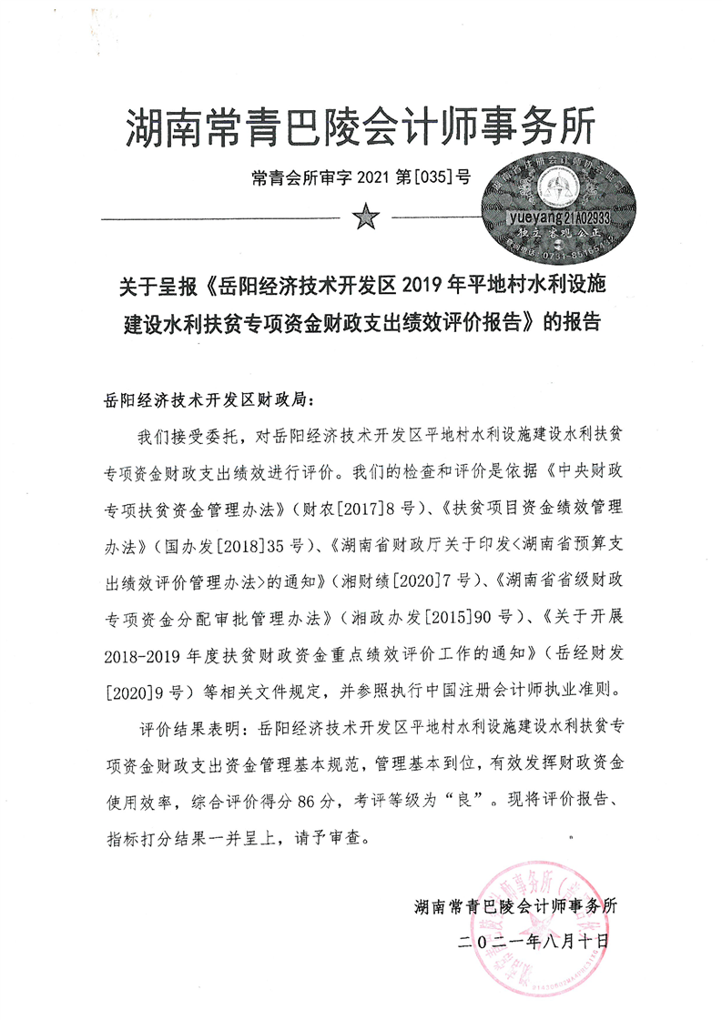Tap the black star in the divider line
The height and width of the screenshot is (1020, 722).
point(365,218)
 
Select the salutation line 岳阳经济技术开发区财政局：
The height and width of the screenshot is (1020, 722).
point(210,399)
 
